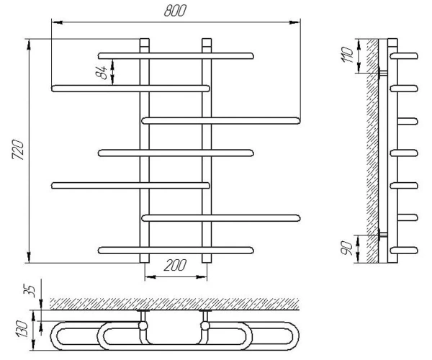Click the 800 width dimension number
click(x=175, y=11)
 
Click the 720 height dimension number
click(x=18, y=150)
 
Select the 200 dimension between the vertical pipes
click(x=175, y=265)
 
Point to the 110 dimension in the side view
click(x=348, y=55)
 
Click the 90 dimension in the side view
click(x=347, y=248)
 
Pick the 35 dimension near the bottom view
click(x=30, y=291)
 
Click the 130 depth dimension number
click(x=22, y=329)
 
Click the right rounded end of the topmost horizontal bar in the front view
click(x=251, y=56)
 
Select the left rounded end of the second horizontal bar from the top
click(x=55, y=89)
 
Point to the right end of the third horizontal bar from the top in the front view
click(x=297, y=121)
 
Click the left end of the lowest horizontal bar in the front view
click(x=102, y=251)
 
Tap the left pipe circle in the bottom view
click(x=143, y=326)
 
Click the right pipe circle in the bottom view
click(x=205, y=326)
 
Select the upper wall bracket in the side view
click(x=383, y=73)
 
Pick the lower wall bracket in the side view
click(x=383, y=235)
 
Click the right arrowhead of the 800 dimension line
click(x=294, y=22)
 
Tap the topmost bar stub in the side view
click(x=404, y=56)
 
